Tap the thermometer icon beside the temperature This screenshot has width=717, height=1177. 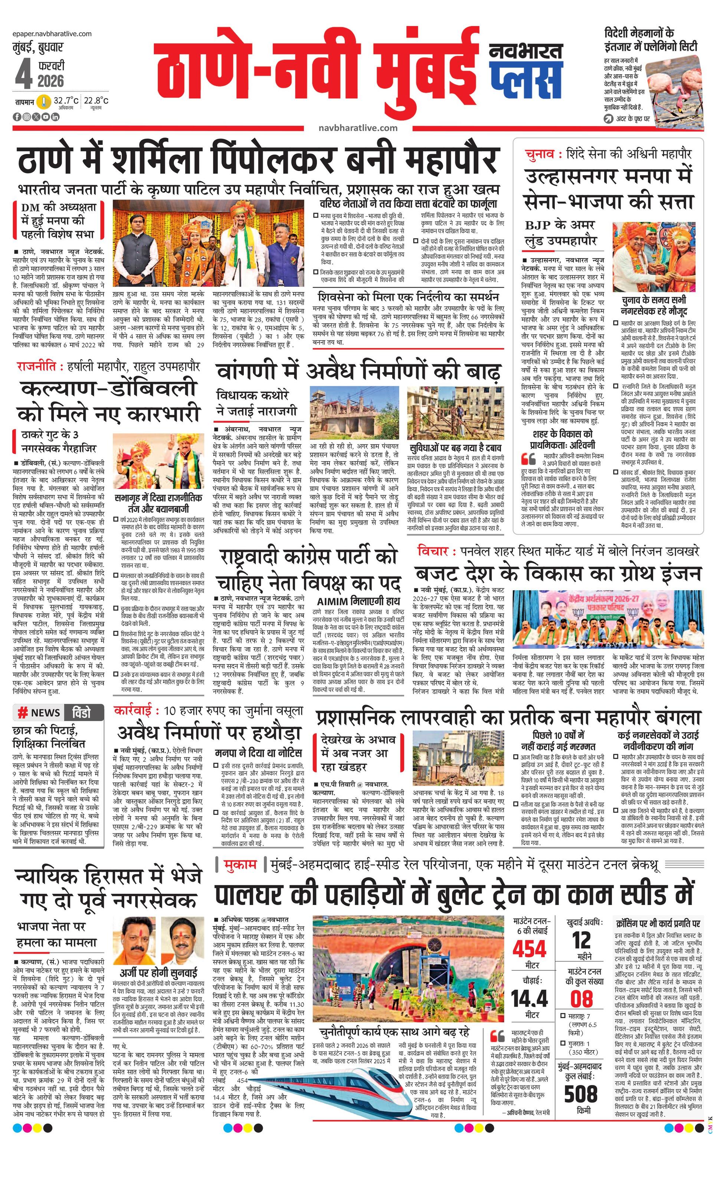pos(45,102)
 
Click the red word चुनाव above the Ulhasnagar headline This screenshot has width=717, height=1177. pos(539,154)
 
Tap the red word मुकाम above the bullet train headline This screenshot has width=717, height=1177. pos(242,864)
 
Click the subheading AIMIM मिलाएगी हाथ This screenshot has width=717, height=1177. pos(359,600)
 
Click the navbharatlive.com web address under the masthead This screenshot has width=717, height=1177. pos(358,128)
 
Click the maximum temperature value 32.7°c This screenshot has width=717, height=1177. pos(65,101)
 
